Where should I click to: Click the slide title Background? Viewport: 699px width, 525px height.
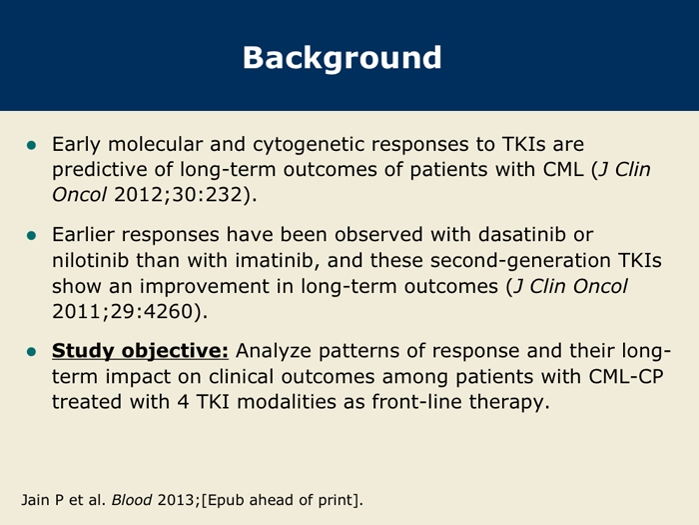click(x=342, y=58)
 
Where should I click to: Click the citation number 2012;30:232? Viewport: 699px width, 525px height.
click(x=178, y=195)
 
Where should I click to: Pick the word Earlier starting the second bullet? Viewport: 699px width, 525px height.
click(x=83, y=234)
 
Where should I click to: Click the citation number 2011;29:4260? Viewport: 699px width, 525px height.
click(x=123, y=311)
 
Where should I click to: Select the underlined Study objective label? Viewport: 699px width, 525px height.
click(x=140, y=351)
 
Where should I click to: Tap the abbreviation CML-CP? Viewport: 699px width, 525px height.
click(x=626, y=376)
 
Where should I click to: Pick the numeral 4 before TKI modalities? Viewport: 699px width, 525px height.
click(x=183, y=402)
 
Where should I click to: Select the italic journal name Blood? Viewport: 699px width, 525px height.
click(x=132, y=500)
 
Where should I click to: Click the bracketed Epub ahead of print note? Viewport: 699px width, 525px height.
click(x=282, y=500)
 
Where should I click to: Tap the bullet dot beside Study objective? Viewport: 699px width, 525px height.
click(x=31, y=352)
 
